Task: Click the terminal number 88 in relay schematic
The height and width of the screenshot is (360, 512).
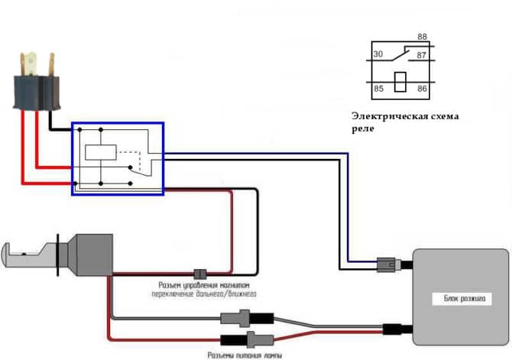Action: coord(422,37)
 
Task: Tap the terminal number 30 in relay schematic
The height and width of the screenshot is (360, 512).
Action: coord(378,54)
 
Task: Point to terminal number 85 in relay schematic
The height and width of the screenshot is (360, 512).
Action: coord(378,89)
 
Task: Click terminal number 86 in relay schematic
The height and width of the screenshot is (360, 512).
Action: coord(422,89)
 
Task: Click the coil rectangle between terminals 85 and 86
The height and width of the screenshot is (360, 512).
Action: coord(400,82)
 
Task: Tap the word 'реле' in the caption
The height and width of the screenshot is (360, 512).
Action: coord(363,129)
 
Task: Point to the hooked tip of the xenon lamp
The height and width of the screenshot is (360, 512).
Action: coord(9,252)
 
